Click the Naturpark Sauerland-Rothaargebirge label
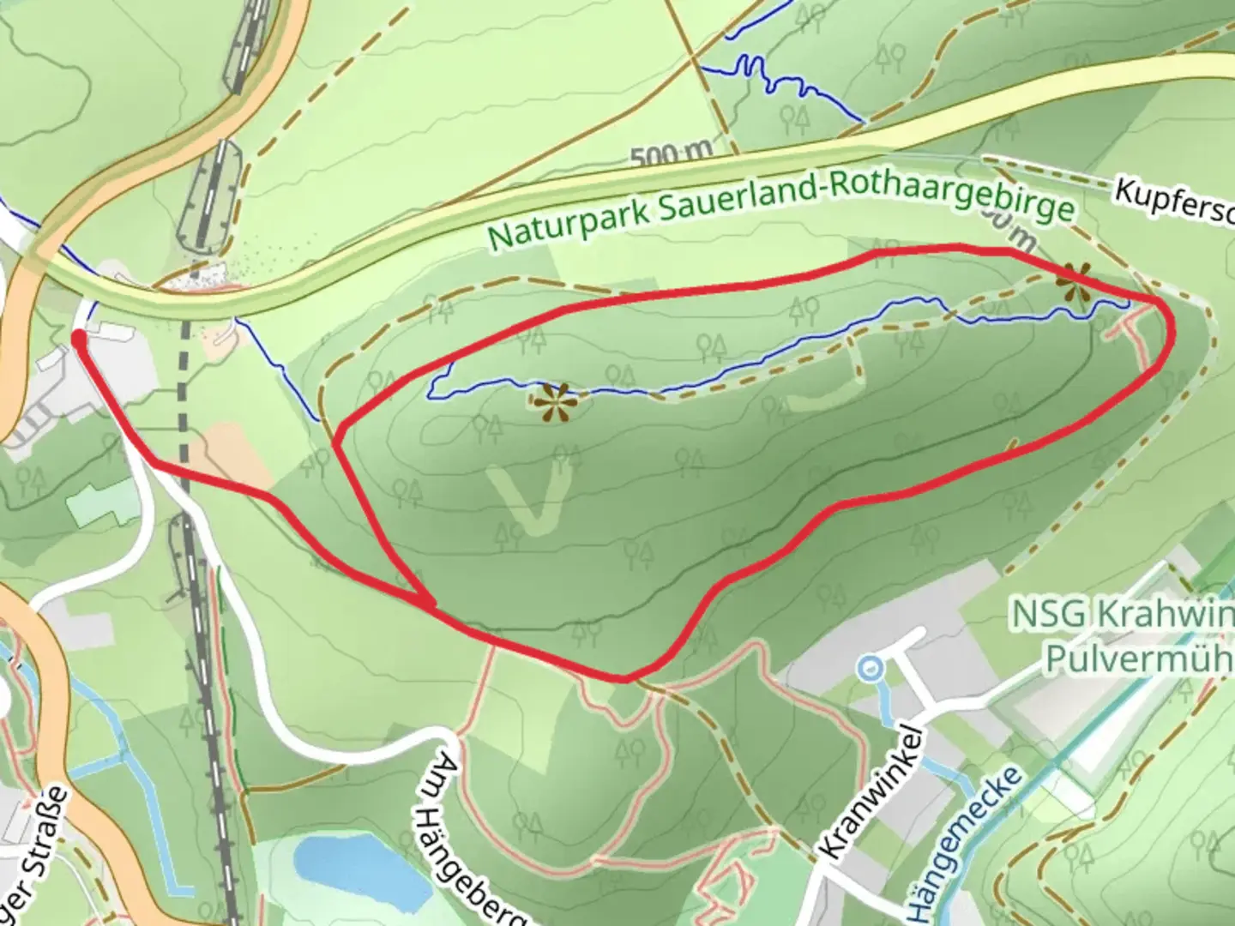[x=780, y=209]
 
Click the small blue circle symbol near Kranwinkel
[x=871, y=665]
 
